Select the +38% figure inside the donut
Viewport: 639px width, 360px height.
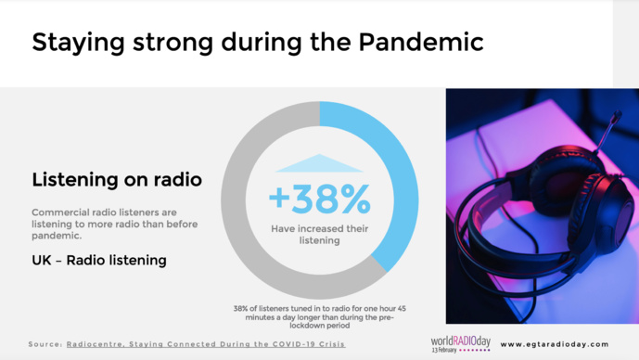(x=319, y=199)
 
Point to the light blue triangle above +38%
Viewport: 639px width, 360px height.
(x=319, y=164)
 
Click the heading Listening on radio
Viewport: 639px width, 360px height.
(x=117, y=179)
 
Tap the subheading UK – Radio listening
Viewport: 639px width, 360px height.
(x=99, y=261)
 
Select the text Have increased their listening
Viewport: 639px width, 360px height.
(x=319, y=234)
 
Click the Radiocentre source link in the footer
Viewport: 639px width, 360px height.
(x=206, y=344)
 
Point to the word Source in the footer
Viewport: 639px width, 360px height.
(x=44, y=344)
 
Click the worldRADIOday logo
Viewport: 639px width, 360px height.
(x=462, y=340)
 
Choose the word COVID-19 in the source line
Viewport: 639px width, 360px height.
(x=290, y=344)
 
